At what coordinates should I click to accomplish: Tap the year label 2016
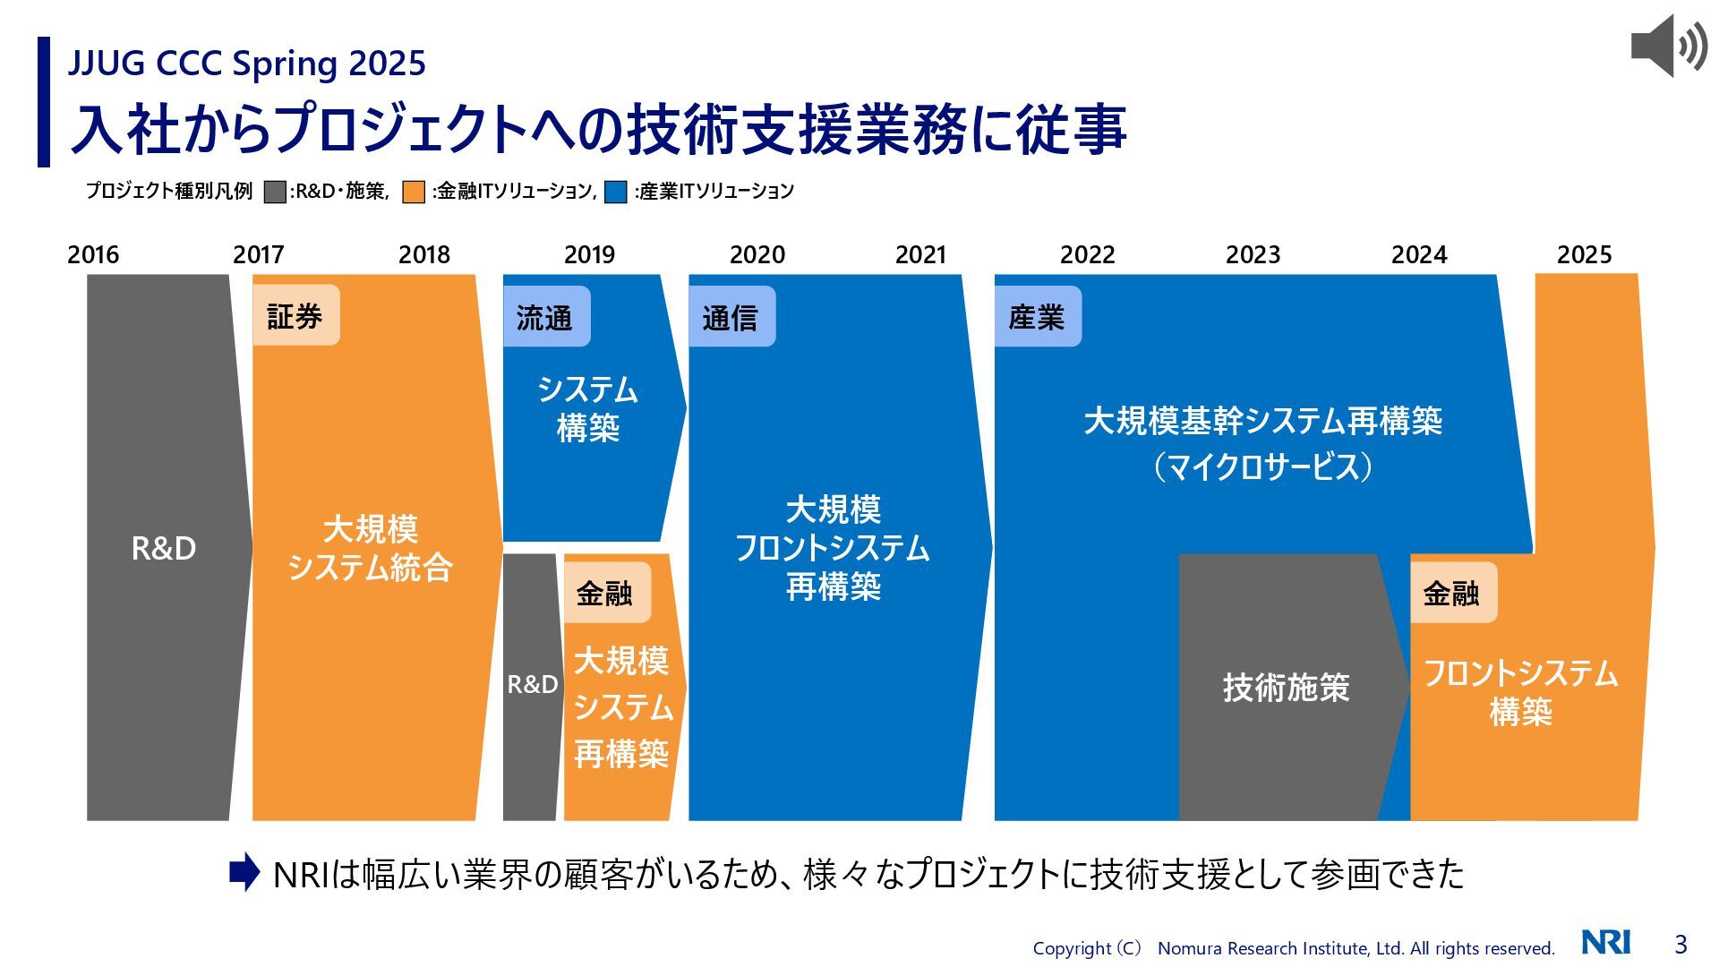pyautogui.click(x=93, y=255)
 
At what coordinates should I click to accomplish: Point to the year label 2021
pyautogui.click(x=920, y=255)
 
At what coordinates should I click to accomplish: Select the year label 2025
pyautogui.click(x=1584, y=255)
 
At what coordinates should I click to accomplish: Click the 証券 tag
pyautogui.click(x=295, y=316)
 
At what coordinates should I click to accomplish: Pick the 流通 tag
pyautogui.click(x=545, y=317)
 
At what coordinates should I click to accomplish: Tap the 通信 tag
pyautogui.click(x=731, y=317)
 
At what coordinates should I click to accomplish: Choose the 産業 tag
pyautogui.click(x=1037, y=317)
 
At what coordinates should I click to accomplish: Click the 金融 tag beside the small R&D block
pyautogui.click(x=606, y=593)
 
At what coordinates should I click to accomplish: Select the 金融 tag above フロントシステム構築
pyautogui.click(x=1452, y=593)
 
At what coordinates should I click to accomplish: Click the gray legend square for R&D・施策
pyautogui.click(x=275, y=192)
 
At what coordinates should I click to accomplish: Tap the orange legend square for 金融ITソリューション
pyautogui.click(x=414, y=192)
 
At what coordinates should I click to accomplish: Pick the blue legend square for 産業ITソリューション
pyautogui.click(x=616, y=192)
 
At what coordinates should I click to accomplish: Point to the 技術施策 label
pyautogui.click(x=1286, y=688)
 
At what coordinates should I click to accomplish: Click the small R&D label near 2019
pyautogui.click(x=532, y=685)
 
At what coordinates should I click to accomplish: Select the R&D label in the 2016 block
pyautogui.click(x=164, y=548)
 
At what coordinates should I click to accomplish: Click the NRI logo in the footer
pyautogui.click(x=1605, y=943)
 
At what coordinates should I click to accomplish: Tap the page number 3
pyautogui.click(x=1681, y=944)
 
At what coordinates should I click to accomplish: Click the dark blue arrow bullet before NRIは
pyautogui.click(x=244, y=873)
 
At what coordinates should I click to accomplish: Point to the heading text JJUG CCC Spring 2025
pyautogui.click(x=247, y=64)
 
